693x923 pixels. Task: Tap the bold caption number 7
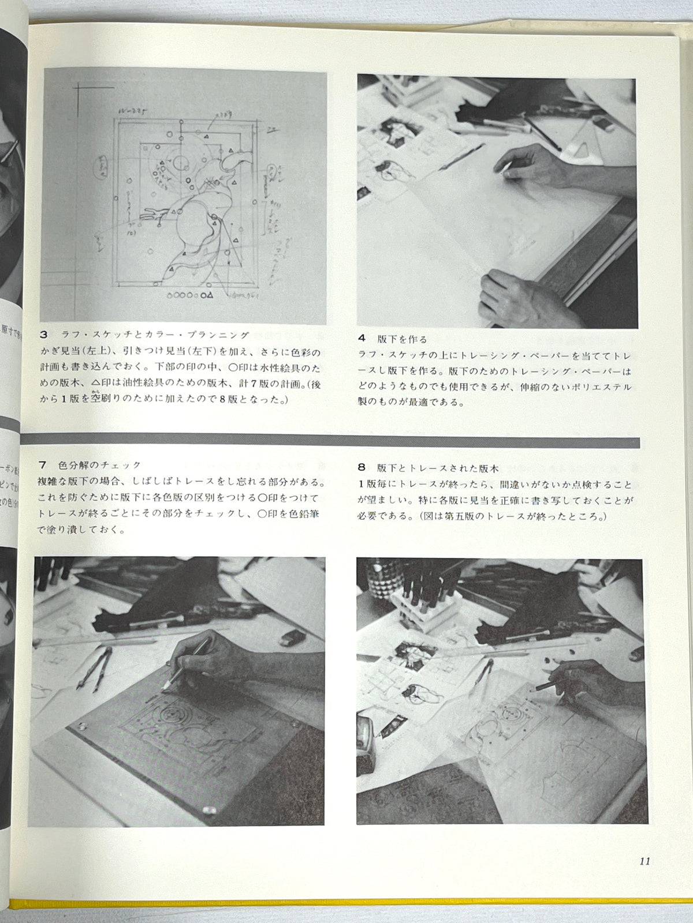pos(43,465)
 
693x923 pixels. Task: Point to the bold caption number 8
pos(362,468)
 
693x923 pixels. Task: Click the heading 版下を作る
pos(402,340)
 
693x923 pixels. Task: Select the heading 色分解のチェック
pos(99,465)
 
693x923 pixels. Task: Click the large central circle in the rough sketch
pos(179,162)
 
